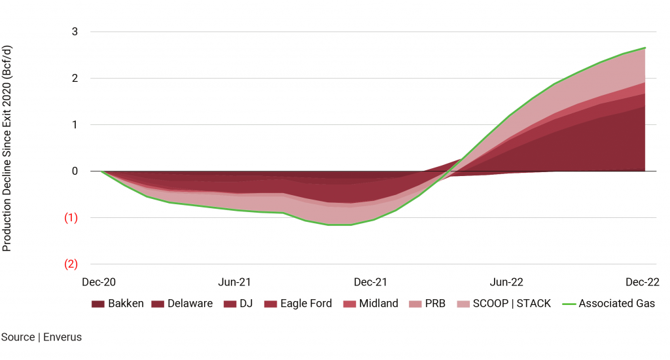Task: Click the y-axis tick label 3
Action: click(75, 32)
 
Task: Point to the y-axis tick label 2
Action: click(75, 79)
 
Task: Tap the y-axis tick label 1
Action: click(75, 125)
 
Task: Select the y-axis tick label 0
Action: click(75, 171)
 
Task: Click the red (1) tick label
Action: click(71, 218)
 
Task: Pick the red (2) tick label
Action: click(71, 264)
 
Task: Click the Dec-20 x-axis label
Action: click(99, 282)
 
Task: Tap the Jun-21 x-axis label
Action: click(235, 282)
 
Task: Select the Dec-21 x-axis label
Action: click(370, 282)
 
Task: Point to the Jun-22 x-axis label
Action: click(507, 282)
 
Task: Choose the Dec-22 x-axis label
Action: click(643, 282)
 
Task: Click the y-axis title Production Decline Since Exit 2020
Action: click(7, 148)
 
